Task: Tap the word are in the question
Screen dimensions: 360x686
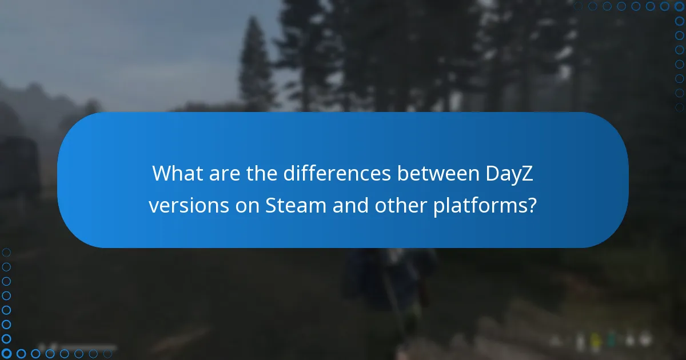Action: (x=225, y=173)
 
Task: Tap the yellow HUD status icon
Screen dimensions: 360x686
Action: (x=595, y=342)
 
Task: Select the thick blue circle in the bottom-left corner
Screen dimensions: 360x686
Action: (x=6, y=354)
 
